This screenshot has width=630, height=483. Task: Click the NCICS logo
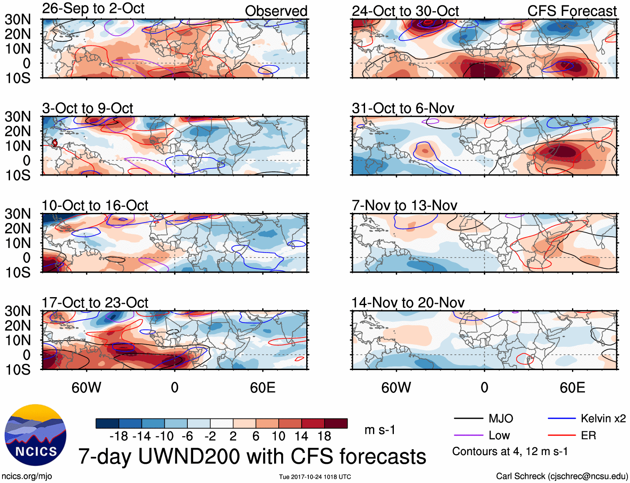35,435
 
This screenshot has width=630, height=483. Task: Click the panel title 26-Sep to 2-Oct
93,8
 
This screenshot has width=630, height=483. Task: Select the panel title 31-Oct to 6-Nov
403,108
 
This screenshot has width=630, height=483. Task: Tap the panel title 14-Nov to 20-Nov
408,303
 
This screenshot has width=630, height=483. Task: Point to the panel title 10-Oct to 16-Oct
95,205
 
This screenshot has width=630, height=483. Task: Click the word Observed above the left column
276,11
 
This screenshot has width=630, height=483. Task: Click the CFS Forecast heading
572,11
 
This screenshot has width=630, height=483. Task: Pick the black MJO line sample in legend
468,418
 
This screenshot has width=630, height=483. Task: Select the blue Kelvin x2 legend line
562,418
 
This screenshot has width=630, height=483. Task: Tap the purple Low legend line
468,435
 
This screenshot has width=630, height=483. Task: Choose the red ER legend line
562,435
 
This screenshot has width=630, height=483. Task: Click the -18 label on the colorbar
118,436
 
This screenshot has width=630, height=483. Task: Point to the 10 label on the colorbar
278,436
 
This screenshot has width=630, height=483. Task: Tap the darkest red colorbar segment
336,423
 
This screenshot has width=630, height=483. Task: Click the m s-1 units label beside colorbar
380,430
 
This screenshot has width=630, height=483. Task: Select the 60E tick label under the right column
572,388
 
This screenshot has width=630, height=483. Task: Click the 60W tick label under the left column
86,388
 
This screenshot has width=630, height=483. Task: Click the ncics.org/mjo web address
27,476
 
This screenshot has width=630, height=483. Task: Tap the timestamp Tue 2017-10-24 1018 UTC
315,477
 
